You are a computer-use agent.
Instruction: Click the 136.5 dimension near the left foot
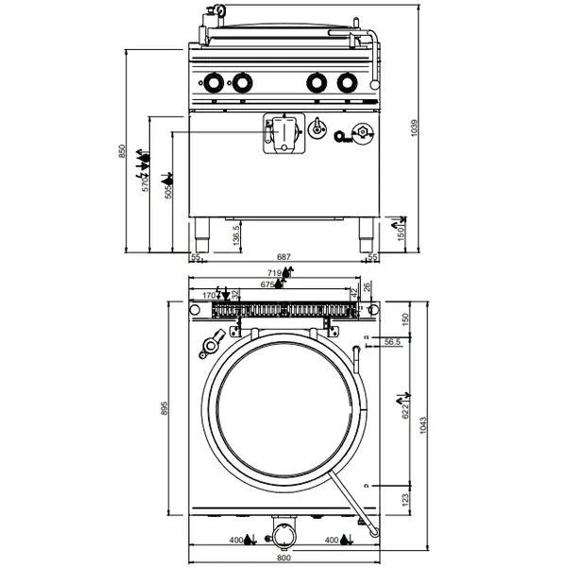235,234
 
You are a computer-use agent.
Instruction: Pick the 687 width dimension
281,257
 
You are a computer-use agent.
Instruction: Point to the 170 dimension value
210,295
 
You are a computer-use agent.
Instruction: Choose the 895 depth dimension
163,408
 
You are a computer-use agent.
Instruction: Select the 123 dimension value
404,498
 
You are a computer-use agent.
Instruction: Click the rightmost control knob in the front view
345,83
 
